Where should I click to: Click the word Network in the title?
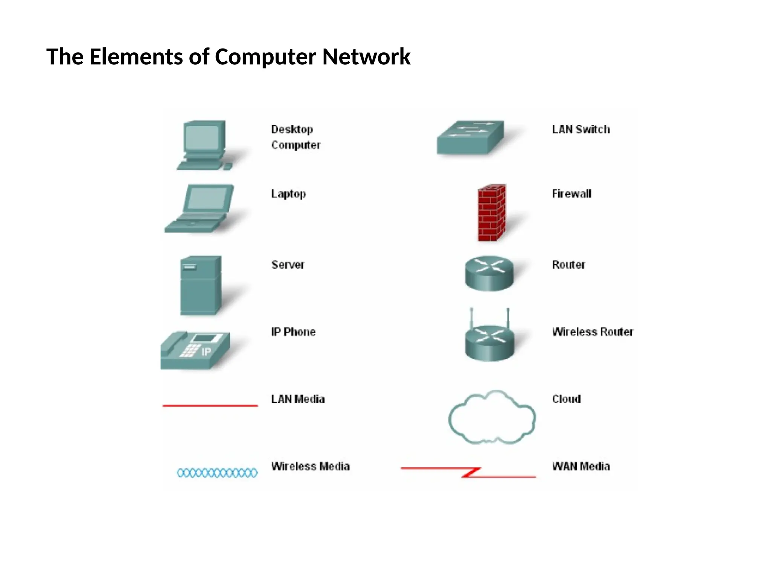coord(366,57)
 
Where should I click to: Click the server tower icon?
coord(201,285)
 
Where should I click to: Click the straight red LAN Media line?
coord(210,406)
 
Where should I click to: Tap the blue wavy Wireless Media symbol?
coord(217,473)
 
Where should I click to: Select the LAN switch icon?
coord(470,137)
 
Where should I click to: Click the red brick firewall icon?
coord(491,213)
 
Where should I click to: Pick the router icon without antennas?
coord(489,274)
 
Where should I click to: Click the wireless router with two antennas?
coord(489,339)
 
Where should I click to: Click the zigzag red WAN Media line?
coord(469,472)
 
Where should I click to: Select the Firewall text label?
coord(571,194)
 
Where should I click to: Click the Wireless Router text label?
coord(592,332)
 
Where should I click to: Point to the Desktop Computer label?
coord(296,137)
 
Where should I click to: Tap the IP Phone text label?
coord(293,332)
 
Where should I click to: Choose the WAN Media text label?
coord(581,467)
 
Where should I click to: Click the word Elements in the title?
coord(137,57)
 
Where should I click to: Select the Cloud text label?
coord(566,399)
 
